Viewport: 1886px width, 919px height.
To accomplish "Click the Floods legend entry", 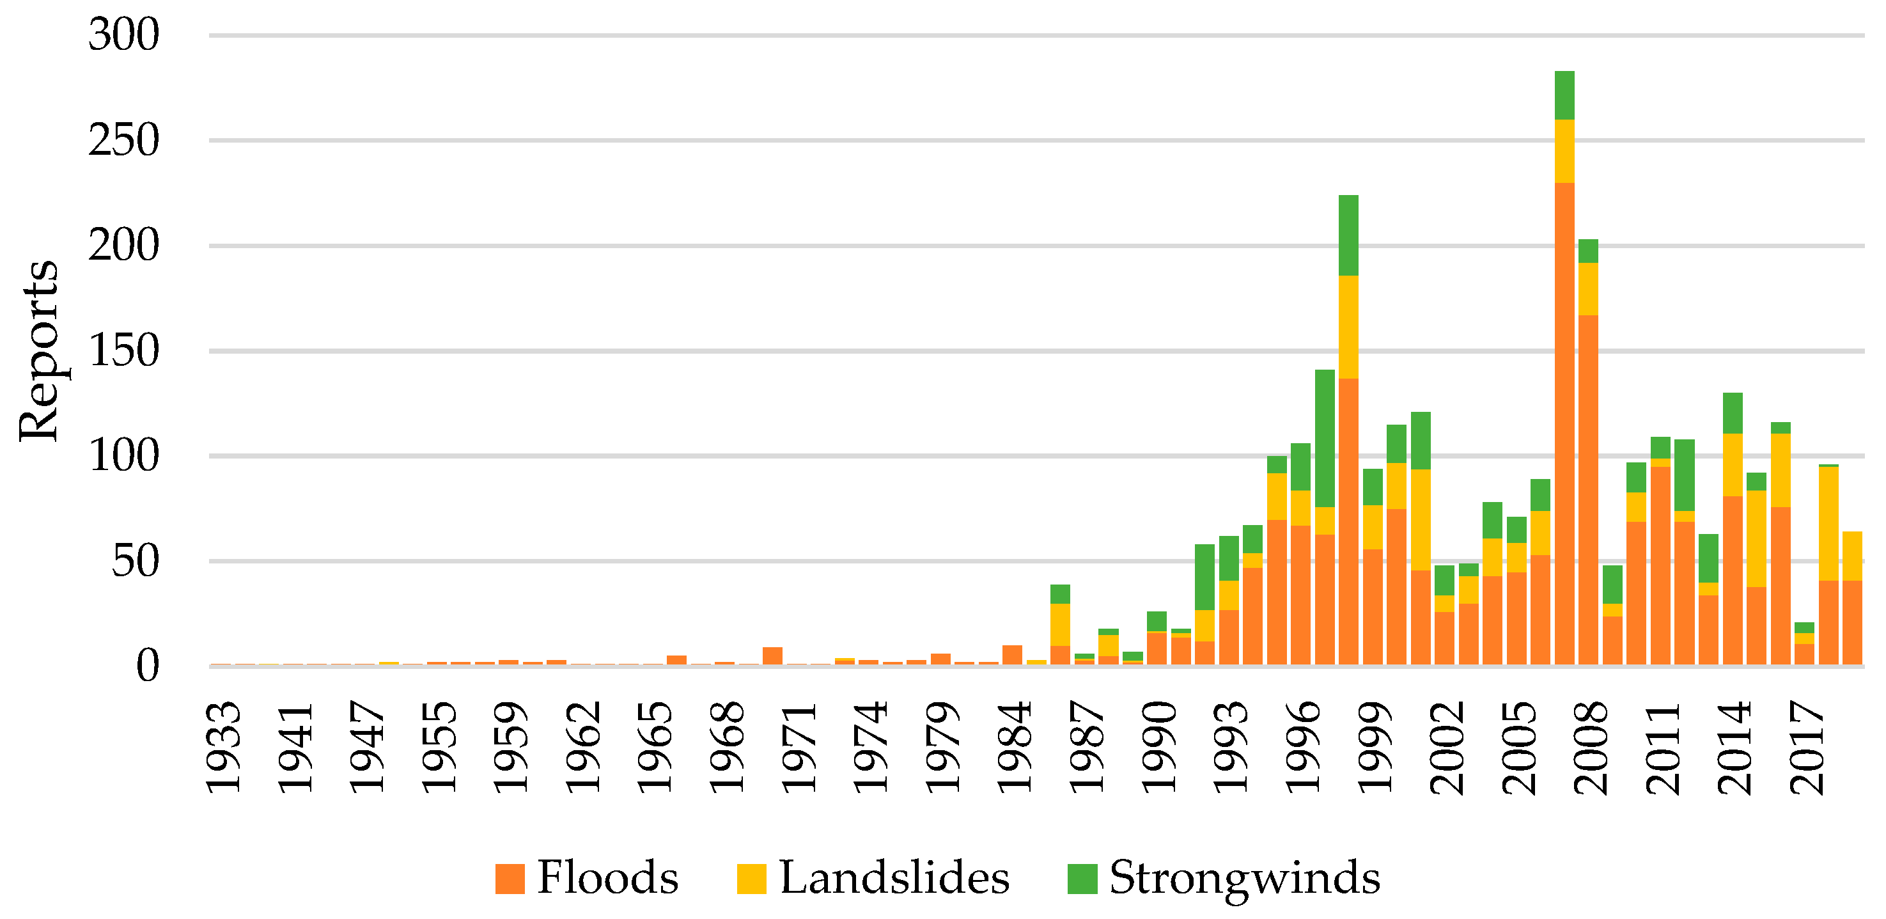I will click(x=586, y=877).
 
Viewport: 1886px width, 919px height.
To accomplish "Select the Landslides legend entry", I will click(x=873, y=877).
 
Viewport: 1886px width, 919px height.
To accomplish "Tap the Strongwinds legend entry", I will click(x=1224, y=877).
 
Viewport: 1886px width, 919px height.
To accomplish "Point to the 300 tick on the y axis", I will click(x=123, y=35).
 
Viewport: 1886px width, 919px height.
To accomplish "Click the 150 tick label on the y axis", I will click(x=123, y=350).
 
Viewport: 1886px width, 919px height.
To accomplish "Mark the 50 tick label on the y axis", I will click(x=135, y=562).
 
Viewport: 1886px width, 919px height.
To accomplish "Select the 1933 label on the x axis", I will click(x=222, y=747).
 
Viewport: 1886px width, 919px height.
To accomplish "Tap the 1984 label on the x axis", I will click(x=1013, y=747).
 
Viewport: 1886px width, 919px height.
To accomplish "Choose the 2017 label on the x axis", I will click(x=1805, y=747).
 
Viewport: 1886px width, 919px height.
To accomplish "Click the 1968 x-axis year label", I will click(x=726, y=747).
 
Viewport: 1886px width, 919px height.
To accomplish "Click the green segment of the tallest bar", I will click(x=1564, y=95).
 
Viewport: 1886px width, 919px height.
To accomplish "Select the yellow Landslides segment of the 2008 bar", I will click(x=1588, y=289).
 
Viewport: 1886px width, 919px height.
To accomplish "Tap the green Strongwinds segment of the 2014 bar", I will click(x=1733, y=413).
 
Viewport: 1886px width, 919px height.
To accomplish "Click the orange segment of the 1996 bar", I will click(x=1300, y=595).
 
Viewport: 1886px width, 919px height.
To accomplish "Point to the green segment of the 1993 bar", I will click(x=1229, y=558).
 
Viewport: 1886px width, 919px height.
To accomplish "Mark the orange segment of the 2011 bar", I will click(x=1660, y=565).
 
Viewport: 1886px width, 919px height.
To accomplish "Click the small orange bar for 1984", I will click(x=1012, y=655).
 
